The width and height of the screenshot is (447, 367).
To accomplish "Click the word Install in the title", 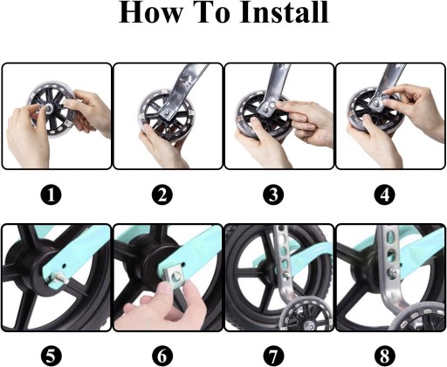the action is pyautogui.click(x=285, y=12).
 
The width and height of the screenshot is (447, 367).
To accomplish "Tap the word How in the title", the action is pyautogui.click(x=151, y=12).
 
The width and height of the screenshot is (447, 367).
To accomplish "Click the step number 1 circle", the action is pyautogui.click(x=52, y=194).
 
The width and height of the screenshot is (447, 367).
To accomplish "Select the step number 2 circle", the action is pyautogui.click(x=162, y=194).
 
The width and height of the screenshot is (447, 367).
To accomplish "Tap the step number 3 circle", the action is pyautogui.click(x=273, y=194).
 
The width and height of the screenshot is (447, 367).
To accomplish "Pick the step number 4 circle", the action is pyautogui.click(x=385, y=194).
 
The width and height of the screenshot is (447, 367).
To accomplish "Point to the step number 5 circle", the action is pyautogui.click(x=52, y=356).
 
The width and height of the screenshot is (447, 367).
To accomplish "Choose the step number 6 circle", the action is pyautogui.click(x=162, y=356).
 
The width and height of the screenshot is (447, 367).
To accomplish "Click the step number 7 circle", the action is pyautogui.click(x=273, y=356).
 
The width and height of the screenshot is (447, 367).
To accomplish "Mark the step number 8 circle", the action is pyautogui.click(x=385, y=356).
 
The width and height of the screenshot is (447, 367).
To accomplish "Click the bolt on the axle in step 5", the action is pyautogui.click(x=60, y=278).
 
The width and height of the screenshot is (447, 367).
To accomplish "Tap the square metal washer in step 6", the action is pyautogui.click(x=175, y=276).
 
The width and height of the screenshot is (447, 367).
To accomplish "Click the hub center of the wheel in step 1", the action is pyautogui.click(x=48, y=109).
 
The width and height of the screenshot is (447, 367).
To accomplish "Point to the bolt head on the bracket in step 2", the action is pyautogui.click(x=167, y=112).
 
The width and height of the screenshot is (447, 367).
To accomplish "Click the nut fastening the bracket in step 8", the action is pyautogui.click(x=392, y=271).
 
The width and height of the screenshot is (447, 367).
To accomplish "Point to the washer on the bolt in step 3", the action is pyautogui.click(x=272, y=105).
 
